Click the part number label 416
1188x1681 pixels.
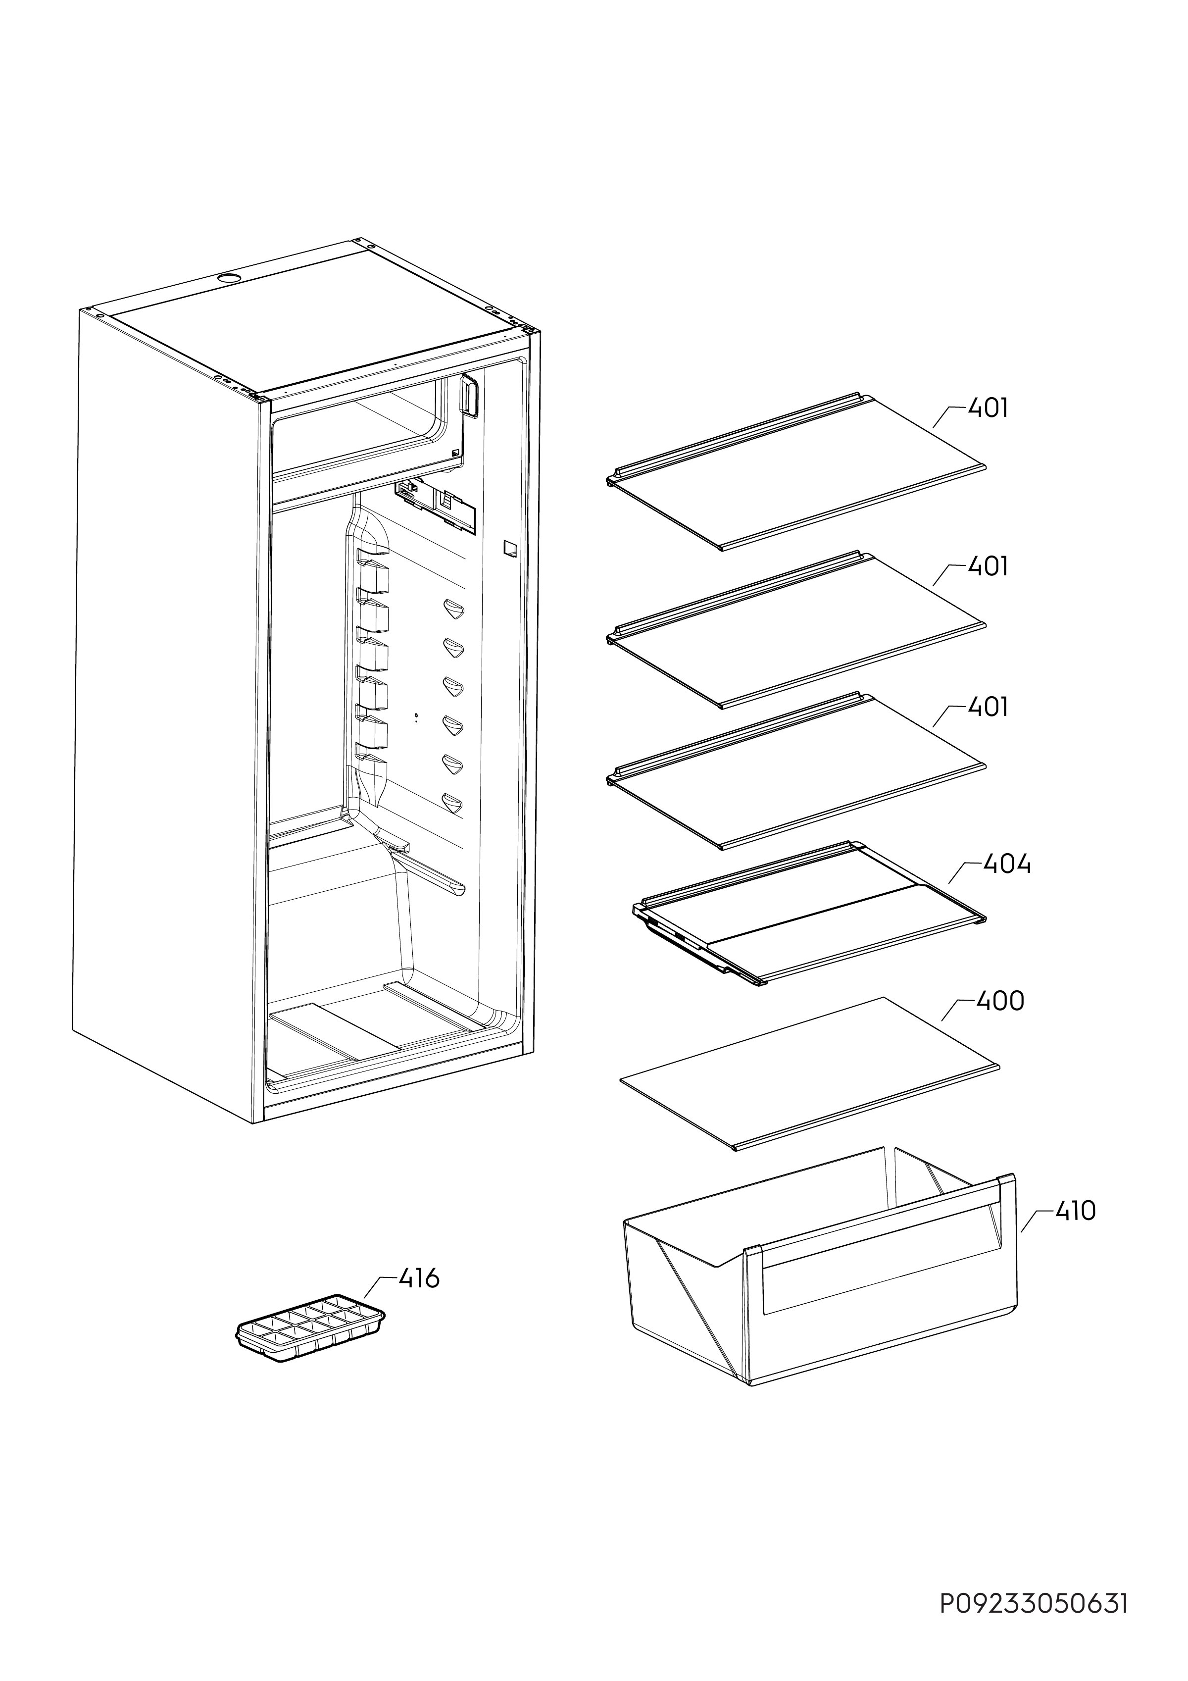419,1279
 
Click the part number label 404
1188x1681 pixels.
1007,865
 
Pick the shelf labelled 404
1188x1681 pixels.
808,915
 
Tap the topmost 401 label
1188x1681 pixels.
988,408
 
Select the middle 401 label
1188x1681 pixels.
988,566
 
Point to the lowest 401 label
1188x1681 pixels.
988,707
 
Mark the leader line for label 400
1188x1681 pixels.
957,1011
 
